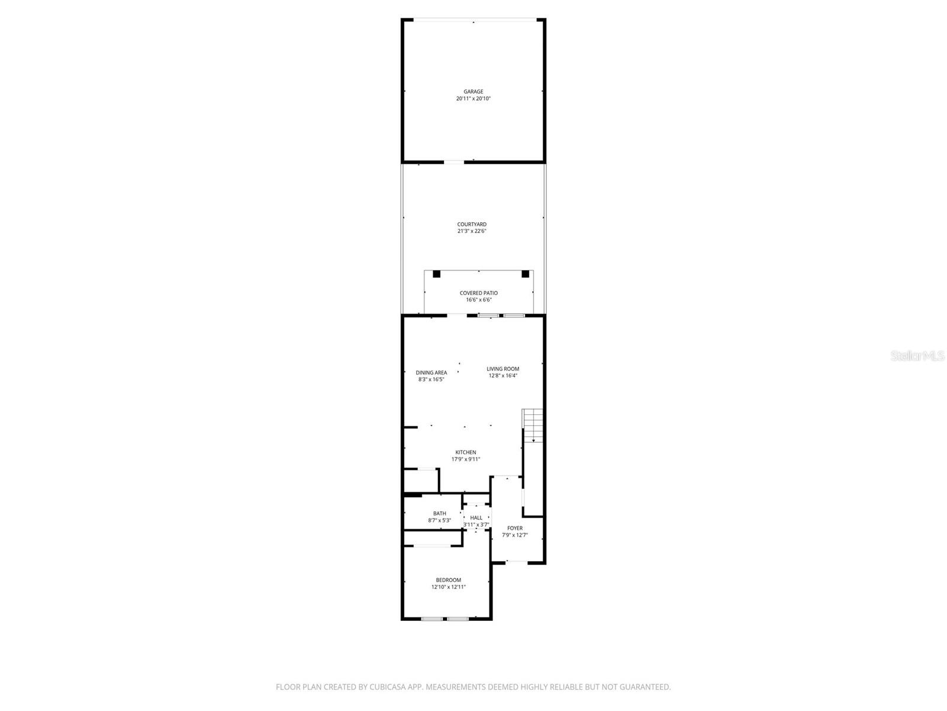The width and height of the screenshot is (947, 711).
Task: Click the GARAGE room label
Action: click(x=473, y=92)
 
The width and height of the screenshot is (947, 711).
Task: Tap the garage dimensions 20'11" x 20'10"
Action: click(x=473, y=99)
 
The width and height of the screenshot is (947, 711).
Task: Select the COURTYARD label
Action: click(x=472, y=225)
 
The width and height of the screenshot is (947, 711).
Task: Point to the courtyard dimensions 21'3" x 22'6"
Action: click(x=472, y=231)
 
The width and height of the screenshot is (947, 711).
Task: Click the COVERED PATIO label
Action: click(x=479, y=293)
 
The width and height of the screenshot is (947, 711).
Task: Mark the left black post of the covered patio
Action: click(x=437, y=274)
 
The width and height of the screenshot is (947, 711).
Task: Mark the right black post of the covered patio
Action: click(x=525, y=274)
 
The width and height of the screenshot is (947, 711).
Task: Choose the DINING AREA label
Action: click(x=431, y=373)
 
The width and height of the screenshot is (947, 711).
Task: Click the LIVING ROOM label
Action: click(x=503, y=369)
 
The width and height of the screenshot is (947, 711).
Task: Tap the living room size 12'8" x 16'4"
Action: click(x=503, y=376)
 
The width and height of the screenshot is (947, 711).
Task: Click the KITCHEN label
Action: click(x=466, y=453)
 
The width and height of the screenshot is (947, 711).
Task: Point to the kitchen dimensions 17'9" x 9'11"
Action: click(x=466, y=459)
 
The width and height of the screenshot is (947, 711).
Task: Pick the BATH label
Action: click(x=440, y=514)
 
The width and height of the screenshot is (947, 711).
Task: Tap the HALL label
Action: click(x=476, y=518)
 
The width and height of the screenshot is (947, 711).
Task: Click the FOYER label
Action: click(x=515, y=529)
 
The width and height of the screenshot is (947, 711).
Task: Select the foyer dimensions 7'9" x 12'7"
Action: click(x=515, y=535)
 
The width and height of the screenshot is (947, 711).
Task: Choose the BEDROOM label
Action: click(x=449, y=580)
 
